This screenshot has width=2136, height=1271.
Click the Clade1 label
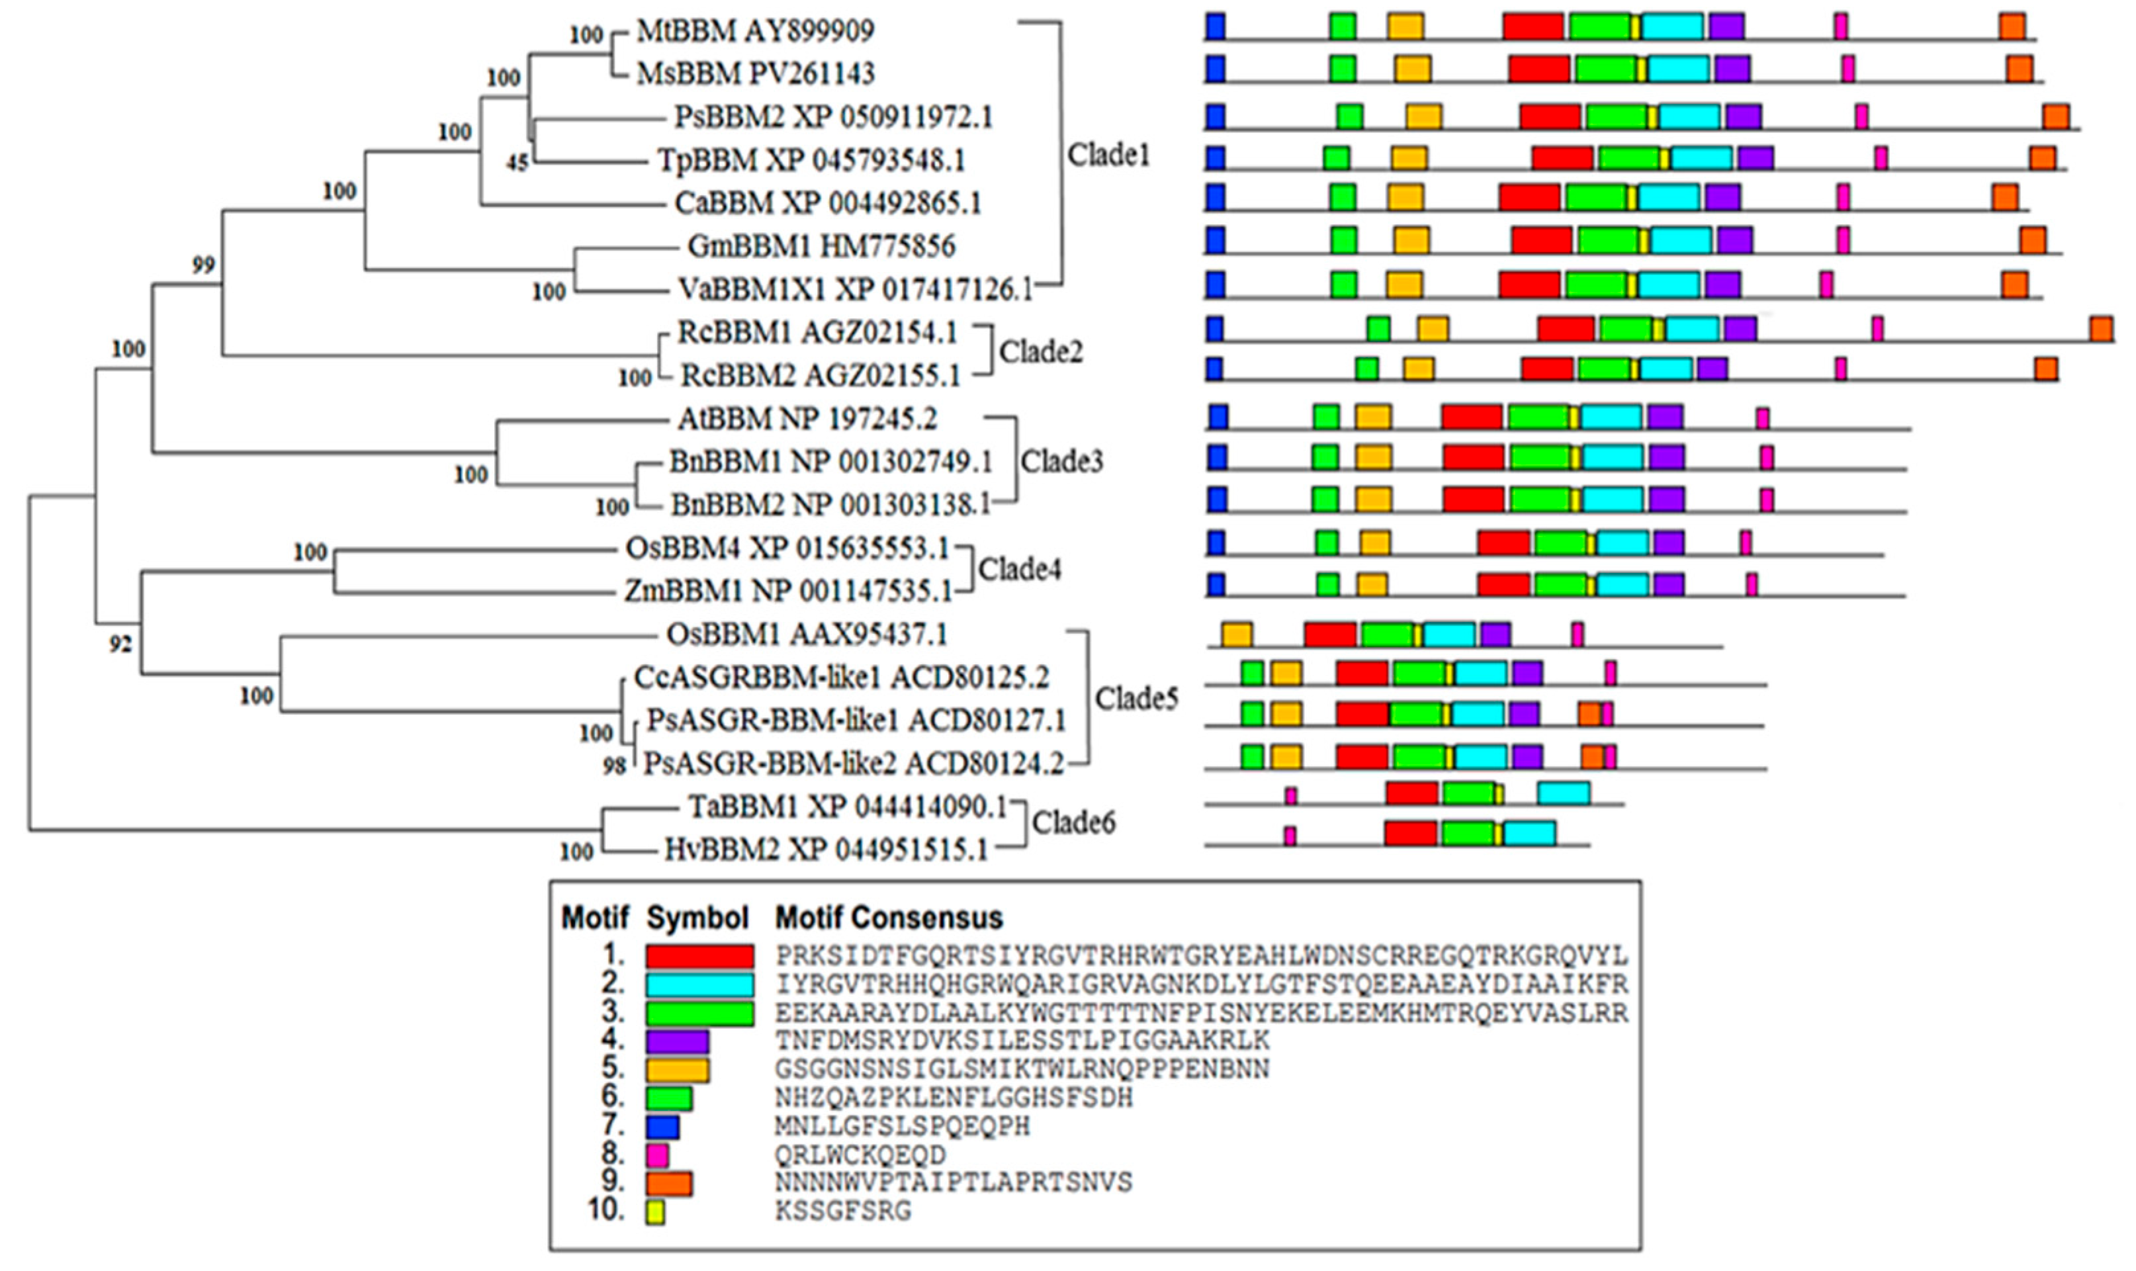click(1108, 155)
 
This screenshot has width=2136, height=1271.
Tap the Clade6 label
click(1073, 823)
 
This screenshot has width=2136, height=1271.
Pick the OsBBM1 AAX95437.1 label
click(807, 635)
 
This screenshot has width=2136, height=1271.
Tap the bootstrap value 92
click(120, 643)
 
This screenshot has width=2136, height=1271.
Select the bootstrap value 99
click(203, 265)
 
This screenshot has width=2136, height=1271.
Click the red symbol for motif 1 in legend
click(699, 957)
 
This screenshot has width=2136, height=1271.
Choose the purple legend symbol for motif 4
click(678, 1041)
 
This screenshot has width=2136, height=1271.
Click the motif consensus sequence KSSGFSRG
click(843, 1211)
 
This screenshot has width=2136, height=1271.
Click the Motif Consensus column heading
click(888, 918)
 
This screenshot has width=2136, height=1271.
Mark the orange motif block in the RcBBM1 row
click(2101, 329)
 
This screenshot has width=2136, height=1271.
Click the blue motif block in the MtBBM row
click(1214, 26)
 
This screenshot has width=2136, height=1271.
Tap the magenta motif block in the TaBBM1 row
click(1291, 796)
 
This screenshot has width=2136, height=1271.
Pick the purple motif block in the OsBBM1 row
click(1495, 635)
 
